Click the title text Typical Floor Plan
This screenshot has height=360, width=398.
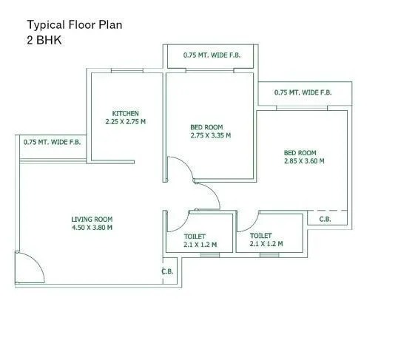74,24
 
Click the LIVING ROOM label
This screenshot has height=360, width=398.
92,219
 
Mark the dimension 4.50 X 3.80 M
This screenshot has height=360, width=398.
92,228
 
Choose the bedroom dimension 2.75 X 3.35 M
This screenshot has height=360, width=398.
211,135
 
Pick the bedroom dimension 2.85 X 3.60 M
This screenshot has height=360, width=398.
304,160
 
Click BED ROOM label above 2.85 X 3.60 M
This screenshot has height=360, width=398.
300,152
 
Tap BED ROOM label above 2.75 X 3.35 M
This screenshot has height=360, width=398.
206,127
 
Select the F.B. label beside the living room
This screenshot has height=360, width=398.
52,142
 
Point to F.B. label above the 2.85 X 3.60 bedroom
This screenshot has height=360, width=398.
303,93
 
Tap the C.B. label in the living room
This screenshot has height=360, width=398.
167,272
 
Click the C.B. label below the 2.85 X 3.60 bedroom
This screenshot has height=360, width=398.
325,220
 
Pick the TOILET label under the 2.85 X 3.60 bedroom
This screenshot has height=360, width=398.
262,235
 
